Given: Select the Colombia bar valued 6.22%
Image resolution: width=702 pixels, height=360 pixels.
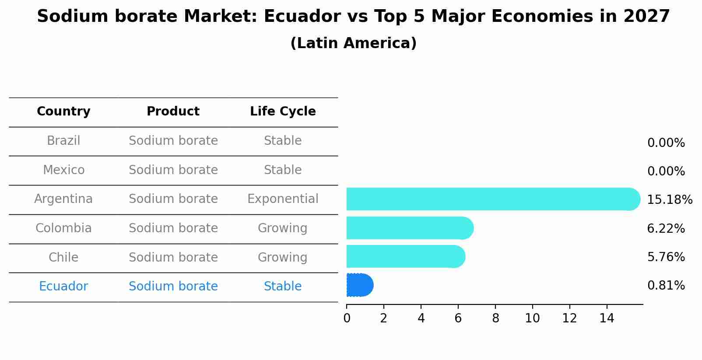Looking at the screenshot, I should coord(409,228).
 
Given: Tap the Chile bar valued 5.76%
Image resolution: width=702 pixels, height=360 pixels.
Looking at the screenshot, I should coord(405,256).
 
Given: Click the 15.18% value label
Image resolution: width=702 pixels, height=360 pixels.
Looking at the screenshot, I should coord(669,200).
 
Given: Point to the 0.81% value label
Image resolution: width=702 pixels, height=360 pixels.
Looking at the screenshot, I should coord(666,286).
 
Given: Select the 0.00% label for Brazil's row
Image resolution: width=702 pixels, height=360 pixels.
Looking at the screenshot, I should coord(666,143).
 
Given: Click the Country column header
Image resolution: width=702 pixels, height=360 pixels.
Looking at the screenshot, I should coord(63,112).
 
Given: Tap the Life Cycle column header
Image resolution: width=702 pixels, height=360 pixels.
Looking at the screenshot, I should coord(283,112).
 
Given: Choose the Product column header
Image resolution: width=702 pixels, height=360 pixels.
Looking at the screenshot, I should coord(173,112).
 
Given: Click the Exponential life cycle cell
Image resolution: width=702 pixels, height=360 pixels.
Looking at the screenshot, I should coord(283,199).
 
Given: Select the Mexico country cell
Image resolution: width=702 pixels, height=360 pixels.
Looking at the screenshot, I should coord(63,170).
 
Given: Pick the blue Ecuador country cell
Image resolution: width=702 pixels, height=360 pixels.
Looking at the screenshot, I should coord(63,287).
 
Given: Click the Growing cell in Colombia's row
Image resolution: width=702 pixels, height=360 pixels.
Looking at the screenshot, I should coord(283,228).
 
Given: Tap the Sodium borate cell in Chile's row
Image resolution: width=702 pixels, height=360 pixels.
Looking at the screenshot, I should coord(173,257).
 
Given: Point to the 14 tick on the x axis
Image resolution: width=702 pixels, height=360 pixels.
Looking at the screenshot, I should coord(607,318).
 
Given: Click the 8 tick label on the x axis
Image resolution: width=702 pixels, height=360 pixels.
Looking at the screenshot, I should coord(495,318).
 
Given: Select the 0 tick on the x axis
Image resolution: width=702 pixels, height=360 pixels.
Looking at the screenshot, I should coord(347,318).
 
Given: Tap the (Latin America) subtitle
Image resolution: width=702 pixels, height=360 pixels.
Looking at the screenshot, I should coord(353,43).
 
